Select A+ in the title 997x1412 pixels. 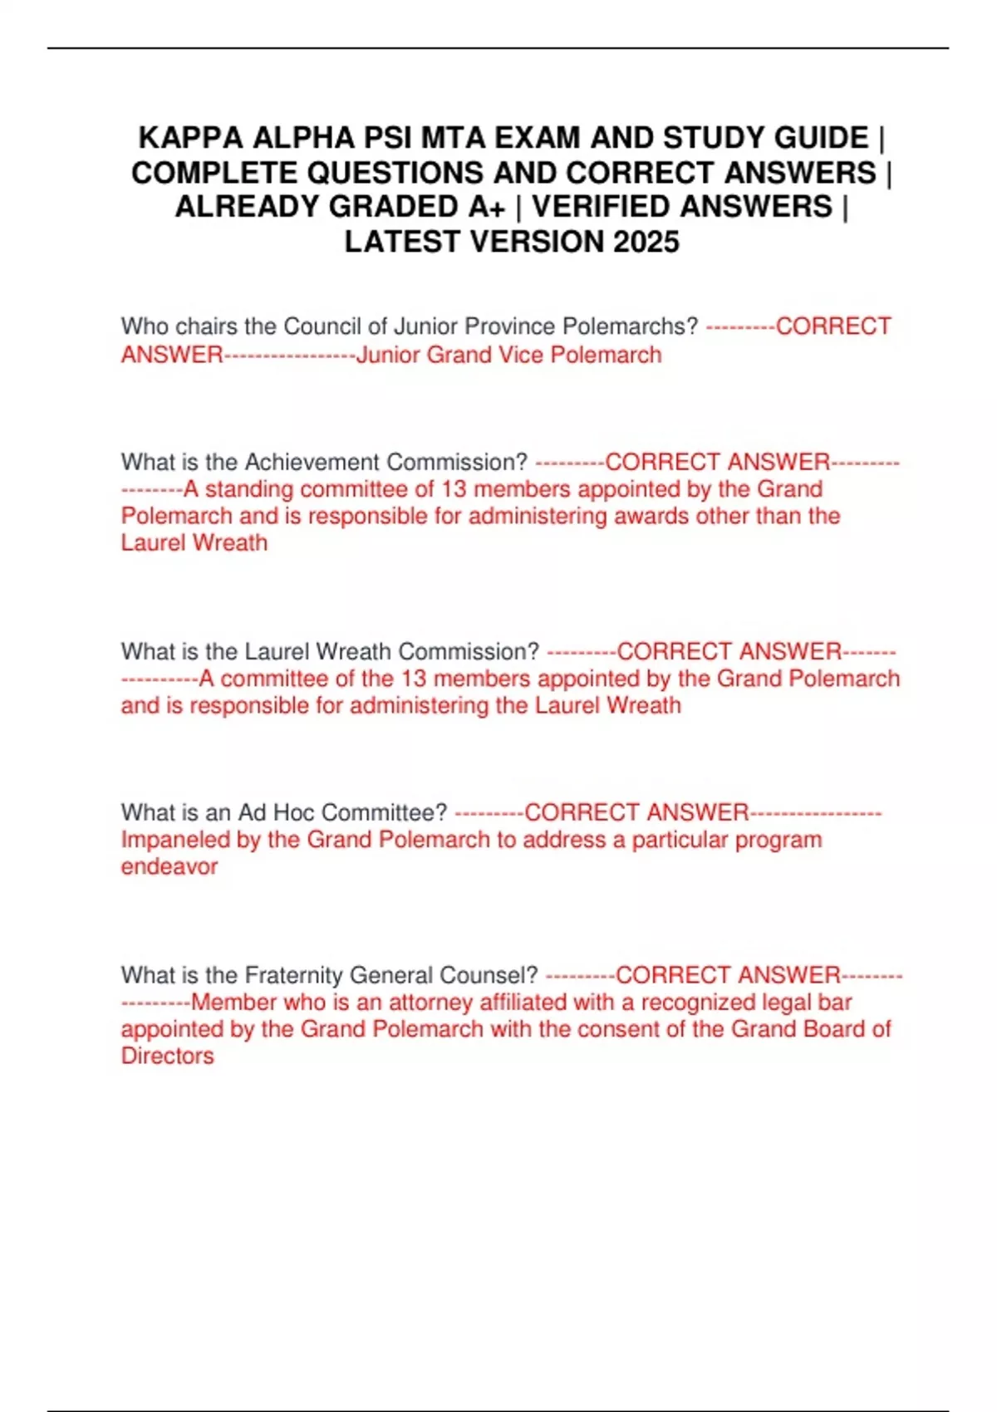coord(486,207)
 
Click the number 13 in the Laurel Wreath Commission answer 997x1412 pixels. coord(413,679)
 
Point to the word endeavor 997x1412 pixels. coord(169,866)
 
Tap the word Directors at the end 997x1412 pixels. coord(167,1056)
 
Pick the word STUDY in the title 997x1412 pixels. coord(712,138)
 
